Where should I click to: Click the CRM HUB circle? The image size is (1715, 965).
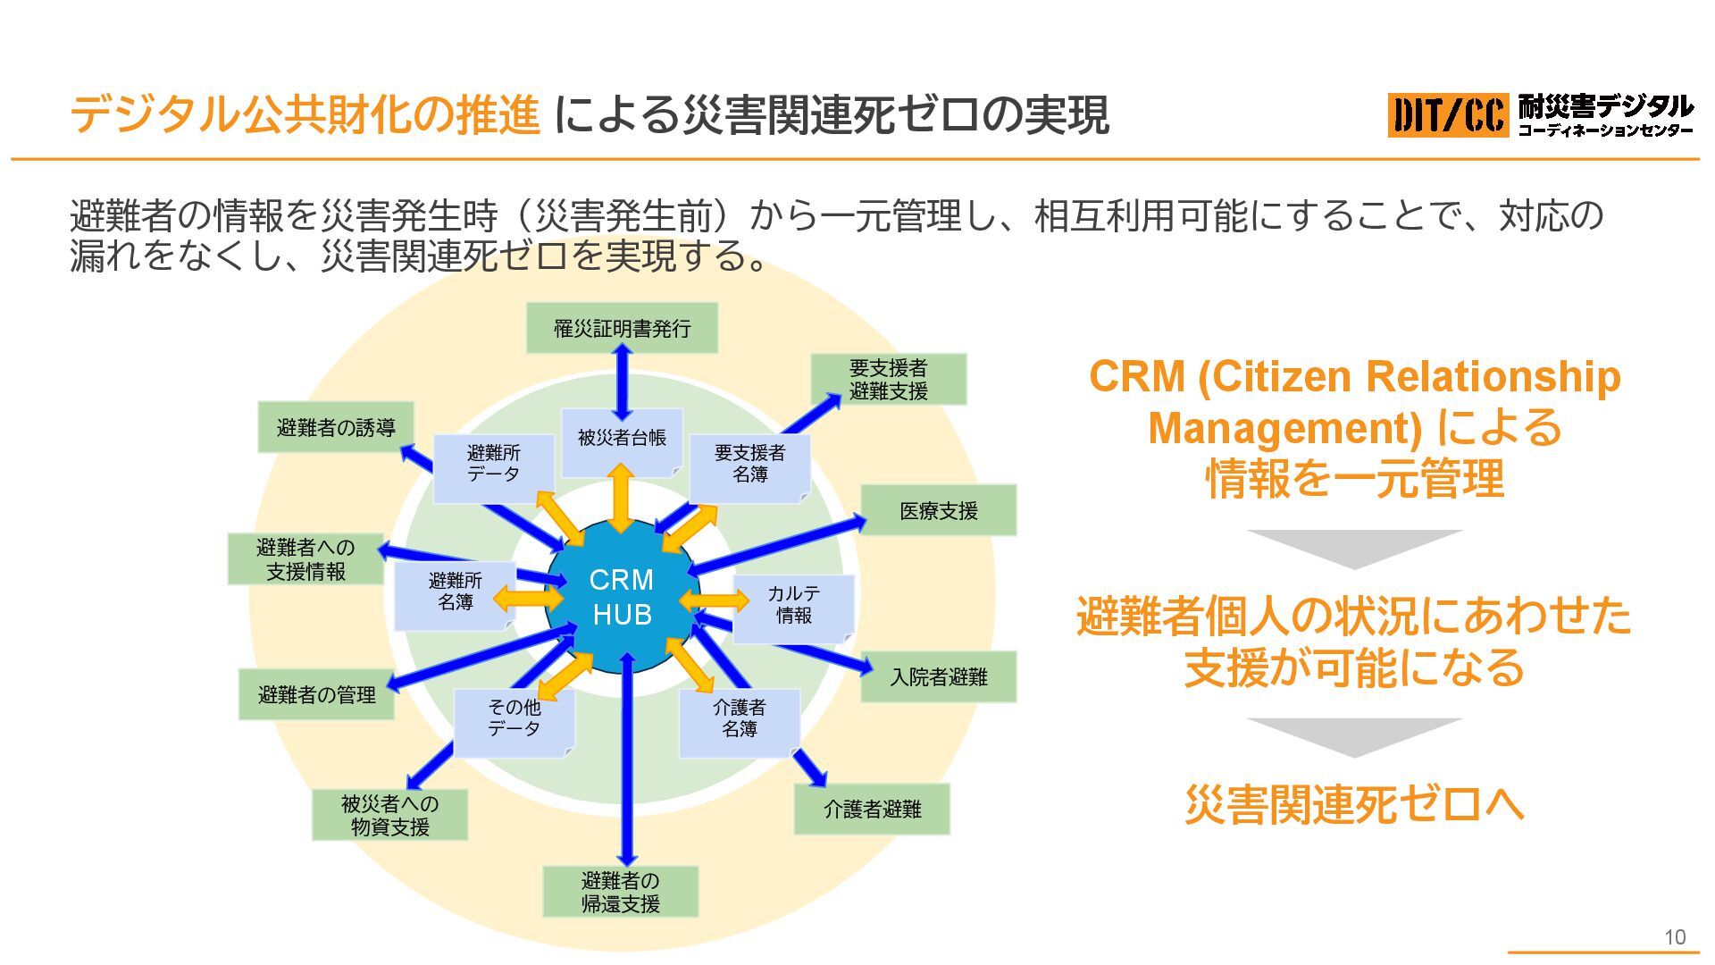pos(622,598)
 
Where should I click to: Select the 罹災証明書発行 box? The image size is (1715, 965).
pos(622,328)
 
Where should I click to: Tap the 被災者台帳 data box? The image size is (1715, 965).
pos(622,439)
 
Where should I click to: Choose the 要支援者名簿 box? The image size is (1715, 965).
pos(749,465)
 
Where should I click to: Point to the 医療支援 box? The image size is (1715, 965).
pos(938,510)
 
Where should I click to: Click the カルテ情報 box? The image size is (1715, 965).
pos(793,605)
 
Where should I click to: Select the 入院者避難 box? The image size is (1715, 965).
pos(938,677)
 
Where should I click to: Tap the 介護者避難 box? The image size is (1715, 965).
pos(872,809)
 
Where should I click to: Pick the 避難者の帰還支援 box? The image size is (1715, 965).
pos(620,892)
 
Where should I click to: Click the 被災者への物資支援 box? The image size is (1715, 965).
pos(389,815)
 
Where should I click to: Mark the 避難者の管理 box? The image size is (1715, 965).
pos(316,694)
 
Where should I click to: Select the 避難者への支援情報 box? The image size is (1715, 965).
pos(305,559)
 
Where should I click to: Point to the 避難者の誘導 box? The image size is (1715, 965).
pos(336,427)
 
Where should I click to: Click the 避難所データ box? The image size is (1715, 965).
pos(493,465)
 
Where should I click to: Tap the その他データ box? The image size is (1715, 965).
pos(514,719)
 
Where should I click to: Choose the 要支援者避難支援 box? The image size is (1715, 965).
pos(888,379)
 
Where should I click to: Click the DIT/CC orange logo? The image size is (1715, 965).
pos(1447,115)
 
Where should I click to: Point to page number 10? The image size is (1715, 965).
pos(1674,937)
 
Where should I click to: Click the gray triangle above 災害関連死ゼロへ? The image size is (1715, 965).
pos(1354,736)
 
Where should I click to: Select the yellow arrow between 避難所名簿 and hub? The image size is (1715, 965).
pos(529,598)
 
